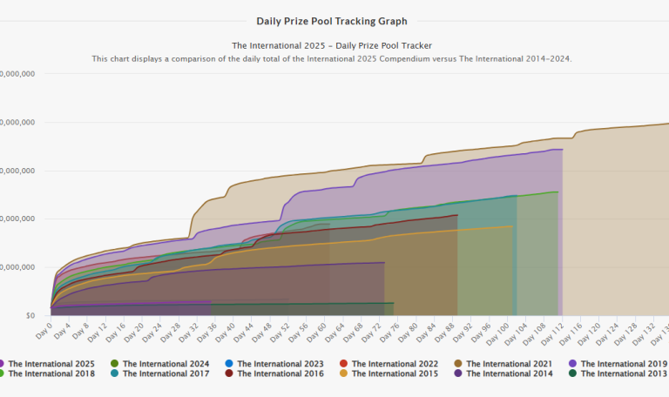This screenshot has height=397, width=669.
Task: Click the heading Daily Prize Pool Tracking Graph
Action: (332, 21)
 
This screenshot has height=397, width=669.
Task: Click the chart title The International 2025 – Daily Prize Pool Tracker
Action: (332, 44)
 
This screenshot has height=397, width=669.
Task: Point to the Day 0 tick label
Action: (44, 329)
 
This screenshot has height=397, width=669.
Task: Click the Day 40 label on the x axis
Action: (225, 332)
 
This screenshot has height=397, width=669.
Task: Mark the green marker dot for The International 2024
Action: (116, 363)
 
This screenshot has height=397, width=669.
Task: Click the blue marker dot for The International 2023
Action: (230, 363)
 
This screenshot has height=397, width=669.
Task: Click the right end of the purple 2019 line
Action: (562, 150)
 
